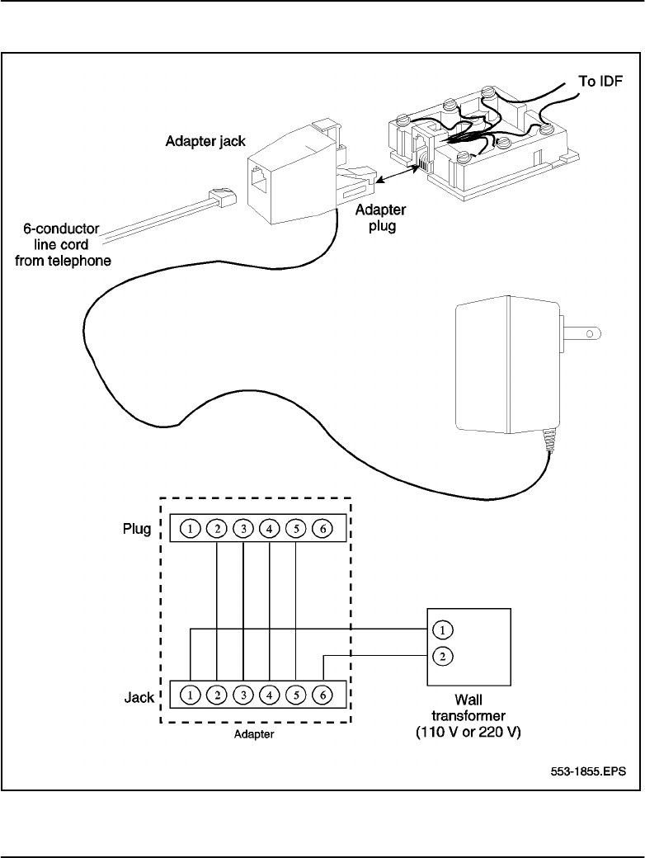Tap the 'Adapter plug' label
375,218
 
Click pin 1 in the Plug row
191,528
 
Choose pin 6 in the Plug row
322,528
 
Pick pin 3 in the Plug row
243,528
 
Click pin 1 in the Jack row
191,695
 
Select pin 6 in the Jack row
322,695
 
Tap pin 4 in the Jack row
270,695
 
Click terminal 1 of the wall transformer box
443,630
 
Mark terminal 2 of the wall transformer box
443,657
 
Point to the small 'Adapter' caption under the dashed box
253,736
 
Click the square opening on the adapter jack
264,179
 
